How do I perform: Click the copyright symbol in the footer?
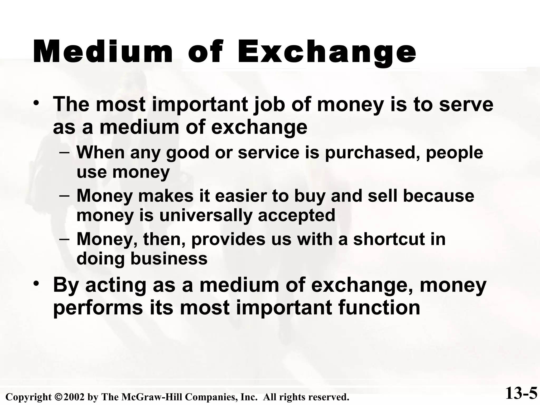click(59, 397)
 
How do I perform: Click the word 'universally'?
click(205, 215)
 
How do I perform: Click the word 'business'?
click(169, 258)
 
